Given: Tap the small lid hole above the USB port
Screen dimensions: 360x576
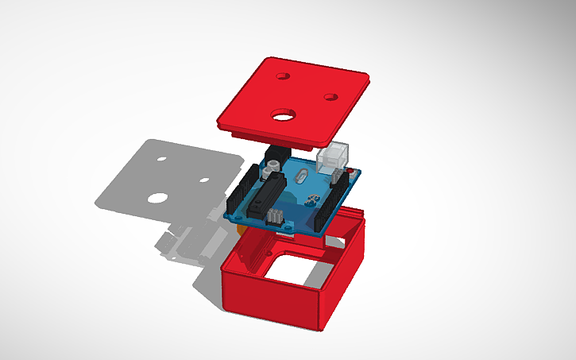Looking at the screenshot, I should [x=331, y=97].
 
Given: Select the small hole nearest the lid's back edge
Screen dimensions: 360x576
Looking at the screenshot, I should [x=281, y=76].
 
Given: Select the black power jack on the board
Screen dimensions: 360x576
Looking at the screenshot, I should [x=277, y=153].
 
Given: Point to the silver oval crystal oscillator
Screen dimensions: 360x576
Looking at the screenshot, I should [x=302, y=173].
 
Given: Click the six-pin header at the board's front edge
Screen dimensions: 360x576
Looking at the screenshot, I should [x=275, y=215].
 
